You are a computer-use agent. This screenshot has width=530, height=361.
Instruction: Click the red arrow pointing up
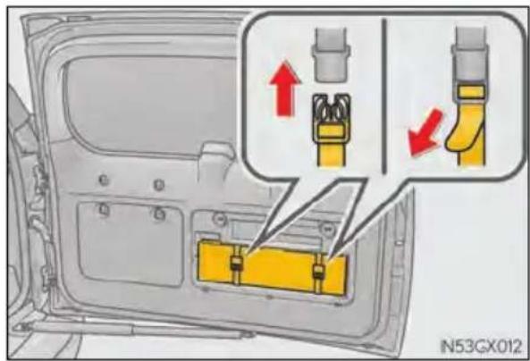(x=284, y=88)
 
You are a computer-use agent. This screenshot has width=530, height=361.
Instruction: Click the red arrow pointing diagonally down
(x=425, y=133)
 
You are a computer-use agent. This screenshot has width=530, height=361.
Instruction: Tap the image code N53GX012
(x=482, y=346)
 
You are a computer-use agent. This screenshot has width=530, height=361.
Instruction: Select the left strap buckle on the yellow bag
(x=237, y=264)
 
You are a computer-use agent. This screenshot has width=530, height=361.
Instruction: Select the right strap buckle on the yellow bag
(x=319, y=271)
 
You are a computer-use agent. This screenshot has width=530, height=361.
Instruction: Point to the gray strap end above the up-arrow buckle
(x=331, y=55)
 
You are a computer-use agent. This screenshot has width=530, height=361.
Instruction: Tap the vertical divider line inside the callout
(x=384, y=96)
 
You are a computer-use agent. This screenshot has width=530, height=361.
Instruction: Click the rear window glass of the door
(x=148, y=105)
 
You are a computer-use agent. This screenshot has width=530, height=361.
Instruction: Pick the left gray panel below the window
(x=131, y=243)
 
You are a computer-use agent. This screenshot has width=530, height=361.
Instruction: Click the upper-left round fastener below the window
(x=104, y=180)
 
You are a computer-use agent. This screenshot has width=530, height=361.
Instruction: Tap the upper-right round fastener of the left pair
(x=158, y=185)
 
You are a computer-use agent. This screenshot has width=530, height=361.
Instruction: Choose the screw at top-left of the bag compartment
(x=221, y=220)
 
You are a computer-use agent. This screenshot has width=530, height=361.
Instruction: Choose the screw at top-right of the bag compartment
(x=327, y=229)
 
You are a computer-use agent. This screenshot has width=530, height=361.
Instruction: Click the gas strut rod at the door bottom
(x=135, y=330)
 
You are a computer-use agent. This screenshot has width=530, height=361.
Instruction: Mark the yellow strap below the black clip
(x=332, y=154)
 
